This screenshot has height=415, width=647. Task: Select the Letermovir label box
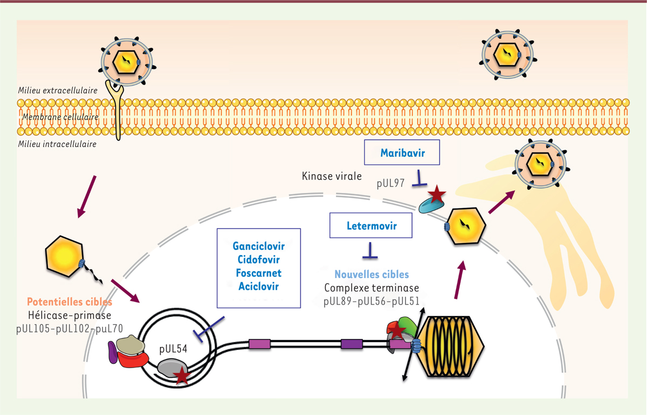(x=371, y=225)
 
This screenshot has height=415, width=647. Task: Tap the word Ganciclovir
(x=258, y=246)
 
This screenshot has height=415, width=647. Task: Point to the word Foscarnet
(x=258, y=273)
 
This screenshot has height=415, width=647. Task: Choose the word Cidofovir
(x=258, y=259)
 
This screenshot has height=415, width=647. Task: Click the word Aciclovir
(x=258, y=286)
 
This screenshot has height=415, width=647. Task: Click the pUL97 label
(x=391, y=183)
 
